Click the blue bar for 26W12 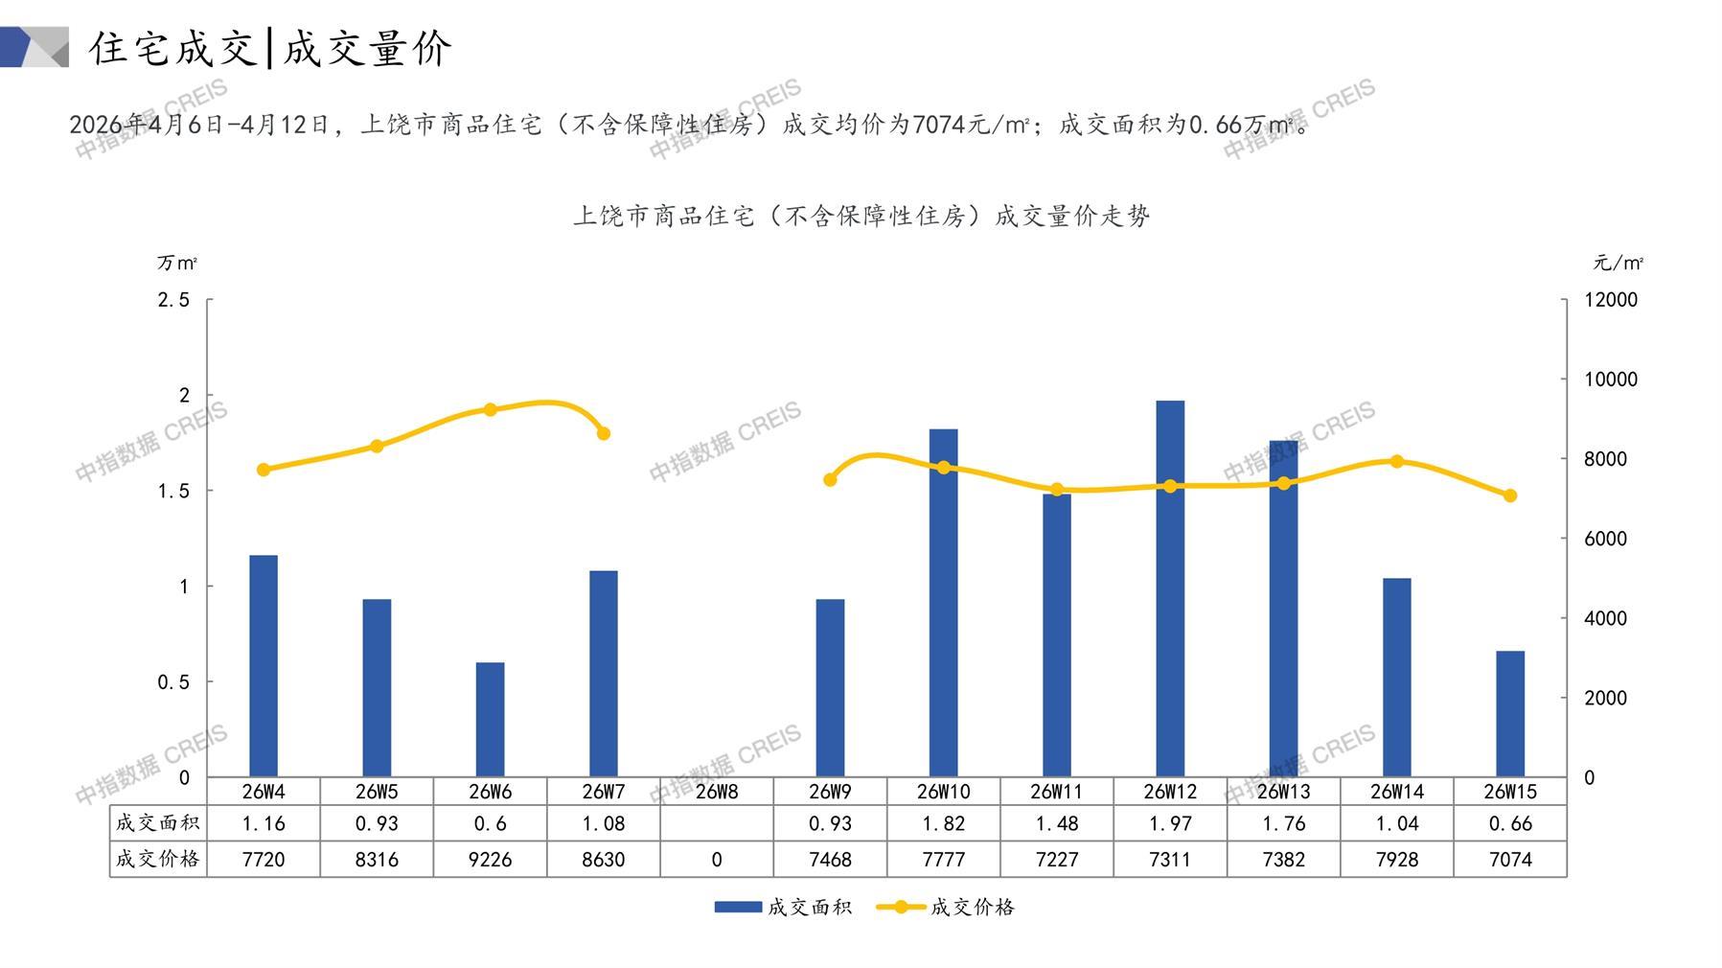coord(1170,588)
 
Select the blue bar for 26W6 coord(490,719)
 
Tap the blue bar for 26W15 coord(1510,713)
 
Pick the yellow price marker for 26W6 coord(491,410)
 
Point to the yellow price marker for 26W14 coord(1397,462)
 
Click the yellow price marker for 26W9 coord(830,480)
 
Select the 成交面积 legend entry coord(784,907)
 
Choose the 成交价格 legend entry coord(947,907)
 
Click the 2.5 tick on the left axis coord(173,300)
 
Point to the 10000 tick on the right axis coord(1611,380)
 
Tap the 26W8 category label coord(717,792)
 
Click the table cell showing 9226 coord(490,860)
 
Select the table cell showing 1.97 coord(1170,823)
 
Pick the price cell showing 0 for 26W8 coord(717,860)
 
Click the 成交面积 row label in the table coord(158,823)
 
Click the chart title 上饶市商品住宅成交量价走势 coord(861,217)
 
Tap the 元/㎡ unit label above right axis coord(1619,263)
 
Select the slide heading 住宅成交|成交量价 coord(270,48)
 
